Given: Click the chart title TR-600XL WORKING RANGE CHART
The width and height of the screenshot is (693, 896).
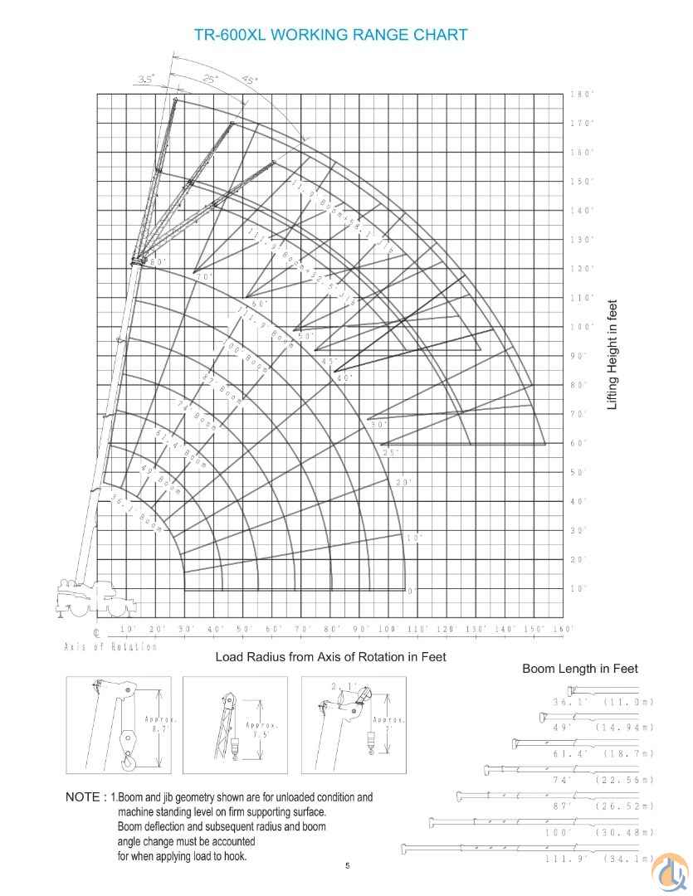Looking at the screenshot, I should (x=330, y=35).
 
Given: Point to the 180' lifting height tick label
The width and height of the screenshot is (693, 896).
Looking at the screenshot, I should (x=581, y=95).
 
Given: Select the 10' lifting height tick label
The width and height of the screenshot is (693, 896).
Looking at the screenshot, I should (x=578, y=588).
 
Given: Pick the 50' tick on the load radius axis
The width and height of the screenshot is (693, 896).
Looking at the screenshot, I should (x=245, y=630).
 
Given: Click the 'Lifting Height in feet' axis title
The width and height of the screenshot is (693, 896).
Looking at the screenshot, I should (x=612, y=354).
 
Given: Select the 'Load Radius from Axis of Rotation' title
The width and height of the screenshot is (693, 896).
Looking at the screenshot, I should (x=330, y=657).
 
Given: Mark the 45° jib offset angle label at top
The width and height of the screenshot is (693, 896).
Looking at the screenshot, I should (x=249, y=80).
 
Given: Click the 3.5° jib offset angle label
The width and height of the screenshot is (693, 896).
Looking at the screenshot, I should (x=146, y=80).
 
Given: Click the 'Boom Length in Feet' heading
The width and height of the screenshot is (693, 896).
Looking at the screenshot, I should (x=579, y=669).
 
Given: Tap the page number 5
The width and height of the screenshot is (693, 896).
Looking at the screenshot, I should (x=348, y=866).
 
